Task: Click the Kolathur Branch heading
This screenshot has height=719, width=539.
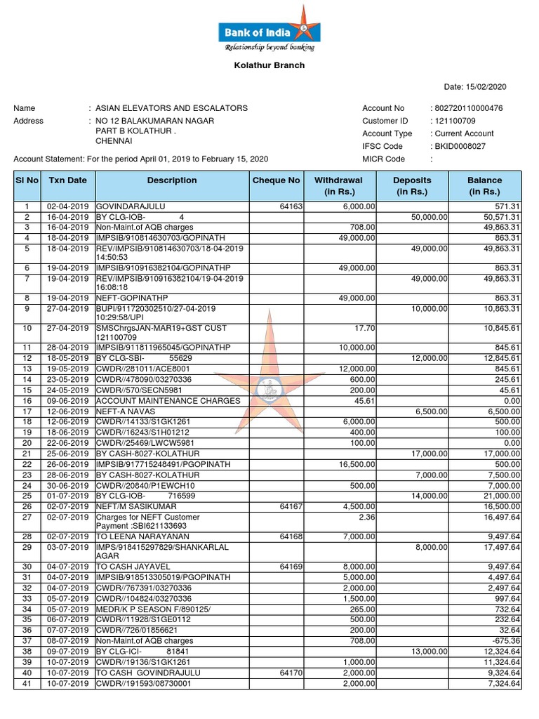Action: point(269,65)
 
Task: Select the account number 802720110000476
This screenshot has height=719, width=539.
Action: point(469,108)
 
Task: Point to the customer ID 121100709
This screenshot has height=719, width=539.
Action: point(455,121)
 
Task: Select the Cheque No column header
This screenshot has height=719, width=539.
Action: point(276,180)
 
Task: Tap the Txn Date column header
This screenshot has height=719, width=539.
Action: point(68,180)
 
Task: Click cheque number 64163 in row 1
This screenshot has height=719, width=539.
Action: point(291,207)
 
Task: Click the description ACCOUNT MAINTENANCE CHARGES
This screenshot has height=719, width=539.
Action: point(168,401)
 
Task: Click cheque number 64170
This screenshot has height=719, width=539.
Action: point(291,673)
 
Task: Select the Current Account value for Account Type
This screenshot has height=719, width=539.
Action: point(464,133)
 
